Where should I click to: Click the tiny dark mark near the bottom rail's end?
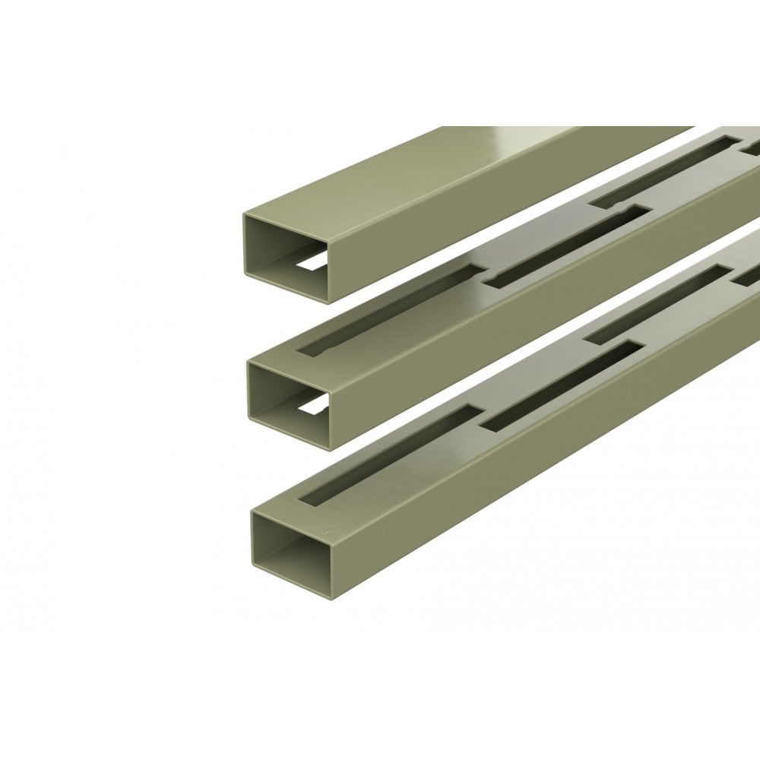click(x=328, y=527)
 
